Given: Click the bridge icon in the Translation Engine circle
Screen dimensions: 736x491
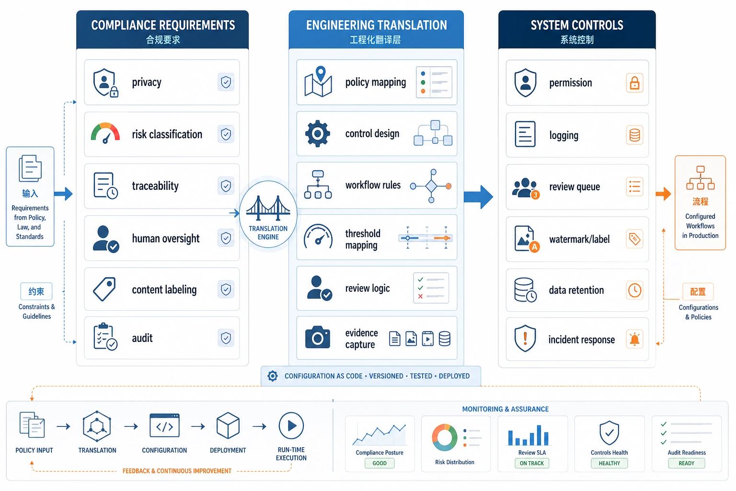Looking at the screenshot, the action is pos(268,208).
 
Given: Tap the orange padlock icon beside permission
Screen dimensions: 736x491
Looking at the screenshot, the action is pos(634,83).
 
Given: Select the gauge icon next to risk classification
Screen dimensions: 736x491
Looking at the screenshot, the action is pos(105,133).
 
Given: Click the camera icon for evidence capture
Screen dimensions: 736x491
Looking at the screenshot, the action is pos(317,337).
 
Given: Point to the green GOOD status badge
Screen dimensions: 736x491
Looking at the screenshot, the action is pos(379,463).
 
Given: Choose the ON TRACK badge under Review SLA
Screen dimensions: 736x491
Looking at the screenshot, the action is pos(531,463).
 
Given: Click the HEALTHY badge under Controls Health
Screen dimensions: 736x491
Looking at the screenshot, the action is pos(609,463).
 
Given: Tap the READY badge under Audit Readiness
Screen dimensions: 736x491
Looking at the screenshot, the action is pos(686,463).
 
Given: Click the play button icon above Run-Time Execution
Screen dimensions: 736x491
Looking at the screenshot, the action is pos(291,426).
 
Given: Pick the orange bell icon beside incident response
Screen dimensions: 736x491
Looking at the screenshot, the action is pos(634,339).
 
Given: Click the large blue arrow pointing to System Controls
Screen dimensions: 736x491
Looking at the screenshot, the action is pos(478,197).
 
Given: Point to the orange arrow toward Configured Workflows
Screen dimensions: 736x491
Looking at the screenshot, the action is pos(663,194).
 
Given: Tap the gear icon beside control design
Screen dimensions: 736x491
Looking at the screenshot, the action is pos(317,133).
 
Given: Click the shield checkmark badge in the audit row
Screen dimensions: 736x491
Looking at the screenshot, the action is pos(226,338).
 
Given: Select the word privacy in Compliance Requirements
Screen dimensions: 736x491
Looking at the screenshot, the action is pos(147,82).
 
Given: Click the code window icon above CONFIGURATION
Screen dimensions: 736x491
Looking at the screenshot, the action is pos(164,426).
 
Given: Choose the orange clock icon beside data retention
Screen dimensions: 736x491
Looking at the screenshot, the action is pos(634,291).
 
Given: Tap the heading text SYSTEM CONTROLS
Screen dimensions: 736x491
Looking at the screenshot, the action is pos(577,25).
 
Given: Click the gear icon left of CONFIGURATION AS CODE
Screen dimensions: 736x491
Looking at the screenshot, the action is pos(272,376).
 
